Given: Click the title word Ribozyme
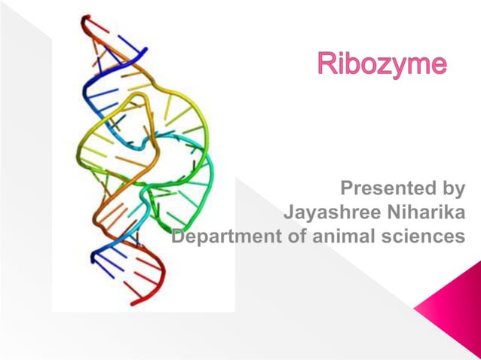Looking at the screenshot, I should point(381,63).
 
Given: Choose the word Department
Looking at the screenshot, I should point(226,236).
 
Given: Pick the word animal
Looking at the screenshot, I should point(344,236).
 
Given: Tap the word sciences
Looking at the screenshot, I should point(423,236).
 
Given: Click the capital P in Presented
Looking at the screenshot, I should point(348,187).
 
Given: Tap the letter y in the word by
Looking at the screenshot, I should point(457,189).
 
